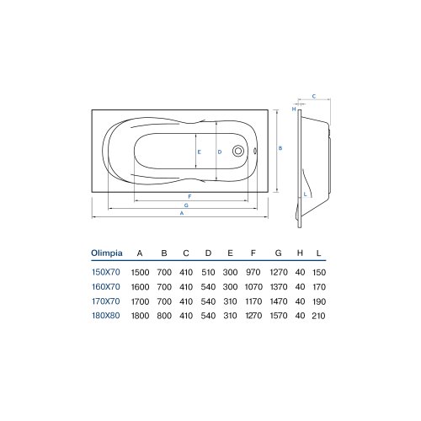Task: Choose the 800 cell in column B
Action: coord(164,316)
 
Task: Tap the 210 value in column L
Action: coord(319,316)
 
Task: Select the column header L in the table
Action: coord(319,251)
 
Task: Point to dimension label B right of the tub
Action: coord(280,148)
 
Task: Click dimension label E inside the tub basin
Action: coord(199,152)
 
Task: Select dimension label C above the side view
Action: coord(313,96)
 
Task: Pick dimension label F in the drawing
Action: coord(190,196)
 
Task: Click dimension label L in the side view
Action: coord(304,194)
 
